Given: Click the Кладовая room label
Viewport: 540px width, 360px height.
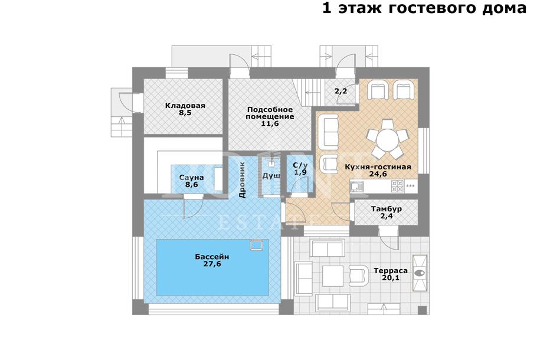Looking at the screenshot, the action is [185, 106].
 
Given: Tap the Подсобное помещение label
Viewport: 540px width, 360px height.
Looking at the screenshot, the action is [270, 113].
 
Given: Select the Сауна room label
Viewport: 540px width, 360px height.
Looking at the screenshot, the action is [191, 178].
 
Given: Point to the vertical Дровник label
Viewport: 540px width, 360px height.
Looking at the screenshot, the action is [242, 180].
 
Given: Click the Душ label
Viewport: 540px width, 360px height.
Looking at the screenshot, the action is [271, 176].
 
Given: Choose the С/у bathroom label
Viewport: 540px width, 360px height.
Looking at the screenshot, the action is [300, 165].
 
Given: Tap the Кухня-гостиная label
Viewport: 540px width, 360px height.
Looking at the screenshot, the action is [378, 167].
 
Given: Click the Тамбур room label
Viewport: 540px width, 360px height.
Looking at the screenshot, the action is [387, 209].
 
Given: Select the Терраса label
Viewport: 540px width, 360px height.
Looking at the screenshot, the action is [391, 271].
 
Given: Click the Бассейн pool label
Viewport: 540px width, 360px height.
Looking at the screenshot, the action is [212, 257].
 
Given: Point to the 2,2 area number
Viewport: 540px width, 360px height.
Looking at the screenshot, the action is [341, 91].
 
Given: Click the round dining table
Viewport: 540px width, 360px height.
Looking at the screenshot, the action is [387, 139].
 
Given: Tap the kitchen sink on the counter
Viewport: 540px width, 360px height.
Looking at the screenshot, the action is [357, 186].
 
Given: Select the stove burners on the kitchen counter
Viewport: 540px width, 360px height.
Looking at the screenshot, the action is [397, 186].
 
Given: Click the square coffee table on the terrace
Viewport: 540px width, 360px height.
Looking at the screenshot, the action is [333, 276].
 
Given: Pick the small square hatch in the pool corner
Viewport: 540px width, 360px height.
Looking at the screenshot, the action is [257, 244].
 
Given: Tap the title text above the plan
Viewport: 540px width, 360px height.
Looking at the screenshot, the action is [424, 8].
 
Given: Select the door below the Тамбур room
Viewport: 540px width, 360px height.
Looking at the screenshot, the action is [388, 238].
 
